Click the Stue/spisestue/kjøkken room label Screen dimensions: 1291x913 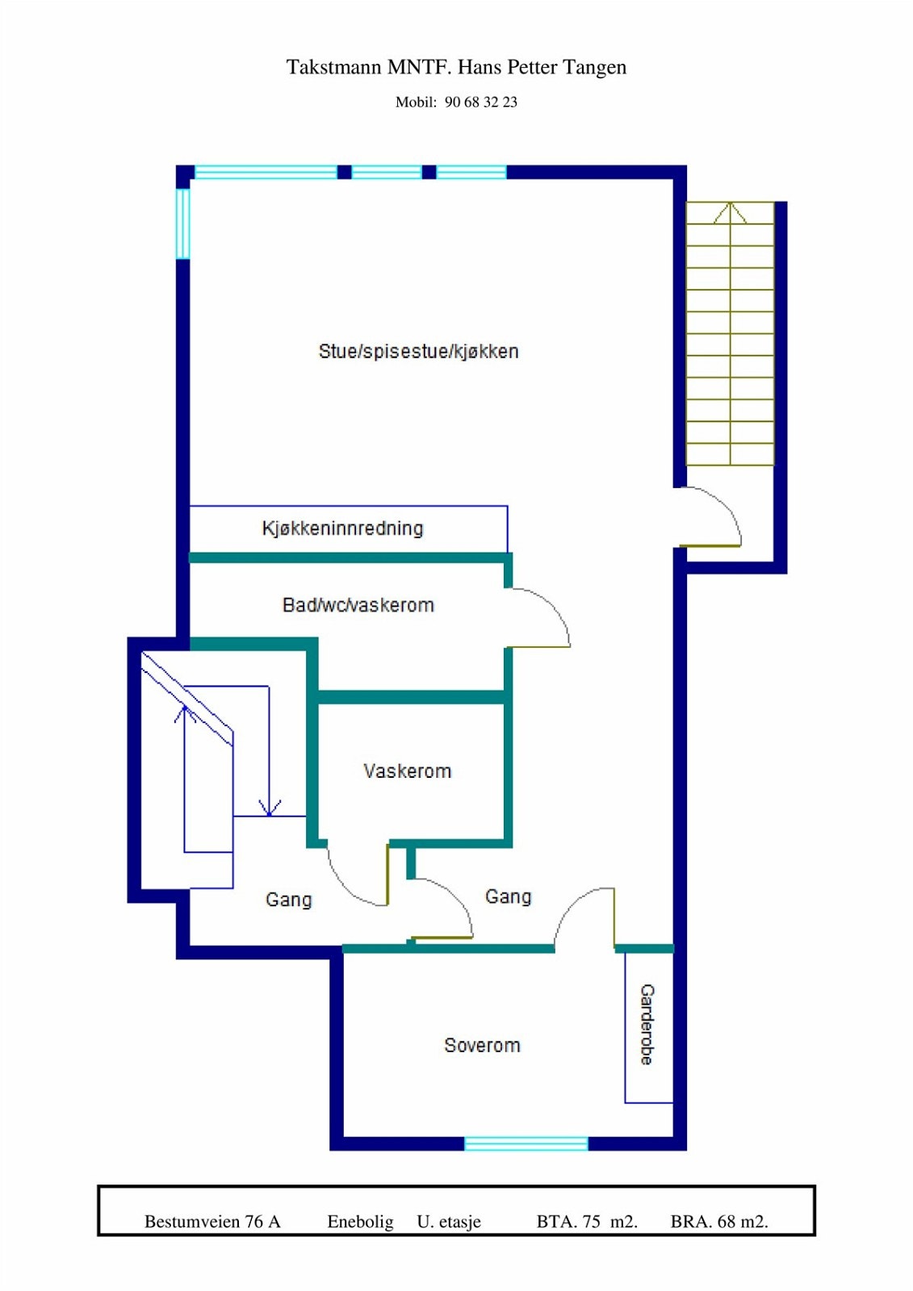(x=418, y=351)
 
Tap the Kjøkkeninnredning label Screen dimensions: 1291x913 (x=342, y=529)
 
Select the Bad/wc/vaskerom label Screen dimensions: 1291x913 (x=358, y=605)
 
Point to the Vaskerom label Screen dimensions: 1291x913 (x=407, y=771)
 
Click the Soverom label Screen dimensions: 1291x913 (x=482, y=1046)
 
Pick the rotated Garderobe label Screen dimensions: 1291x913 (x=647, y=1024)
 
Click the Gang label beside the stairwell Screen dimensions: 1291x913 (x=288, y=900)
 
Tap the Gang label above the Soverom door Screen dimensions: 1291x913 (x=508, y=896)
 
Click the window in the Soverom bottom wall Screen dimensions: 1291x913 (x=526, y=1143)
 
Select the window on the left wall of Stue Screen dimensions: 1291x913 (x=183, y=224)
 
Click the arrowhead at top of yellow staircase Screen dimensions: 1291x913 (x=730, y=211)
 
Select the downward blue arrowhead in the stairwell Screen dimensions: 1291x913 (x=269, y=808)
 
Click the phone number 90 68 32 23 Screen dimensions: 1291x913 (x=480, y=102)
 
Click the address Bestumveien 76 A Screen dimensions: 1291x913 (x=212, y=1222)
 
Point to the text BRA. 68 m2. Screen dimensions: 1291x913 (x=718, y=1222)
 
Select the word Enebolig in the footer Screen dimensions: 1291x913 (x=360, y=1222)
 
